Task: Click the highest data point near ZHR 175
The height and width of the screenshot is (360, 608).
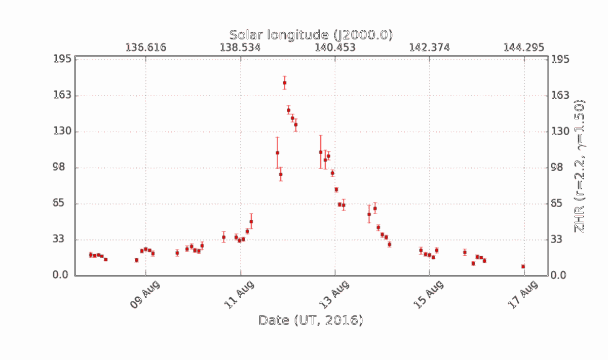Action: (285, 83)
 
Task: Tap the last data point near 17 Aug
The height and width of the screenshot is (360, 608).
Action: (523, 266)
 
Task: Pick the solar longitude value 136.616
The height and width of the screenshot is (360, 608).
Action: (146, 48)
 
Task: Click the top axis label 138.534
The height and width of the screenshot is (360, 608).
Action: (240, 48)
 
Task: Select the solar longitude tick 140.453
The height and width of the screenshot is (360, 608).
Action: (335, 48)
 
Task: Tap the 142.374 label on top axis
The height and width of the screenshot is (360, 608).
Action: (430, 48)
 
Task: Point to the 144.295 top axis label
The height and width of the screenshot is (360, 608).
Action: (524, 48)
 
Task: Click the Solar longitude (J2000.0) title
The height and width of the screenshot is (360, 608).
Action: (311, 35)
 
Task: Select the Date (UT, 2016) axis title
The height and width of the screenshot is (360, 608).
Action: (311, 321)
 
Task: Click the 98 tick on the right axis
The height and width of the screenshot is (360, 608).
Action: (559, 168)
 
